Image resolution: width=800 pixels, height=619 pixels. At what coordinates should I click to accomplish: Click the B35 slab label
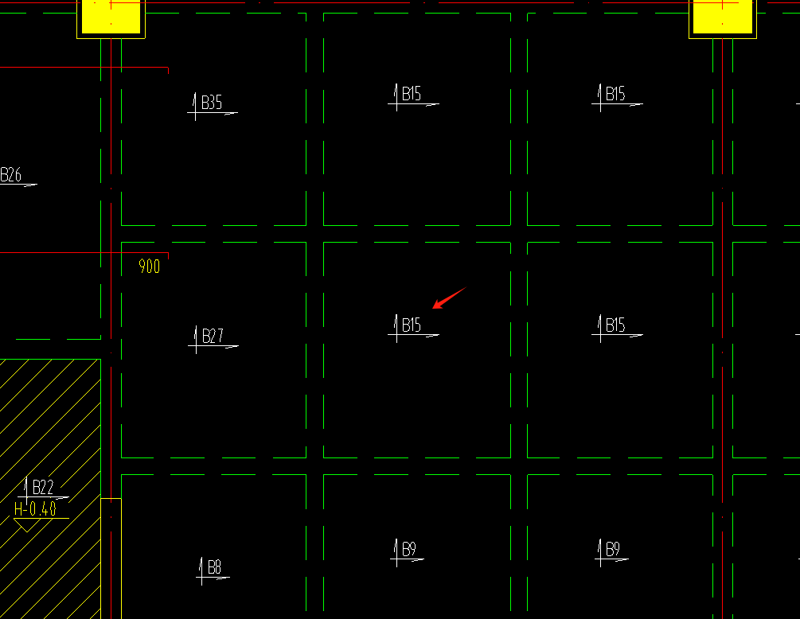tap(212, 103)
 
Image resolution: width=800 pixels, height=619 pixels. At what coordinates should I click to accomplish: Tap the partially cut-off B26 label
tap(10, 175)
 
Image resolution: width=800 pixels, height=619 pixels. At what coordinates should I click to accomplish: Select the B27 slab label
tap(213, 336)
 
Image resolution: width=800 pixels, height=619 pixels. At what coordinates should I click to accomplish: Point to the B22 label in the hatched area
tap(43, 487)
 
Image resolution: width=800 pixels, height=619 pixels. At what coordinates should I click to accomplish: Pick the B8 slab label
tap(214, 567)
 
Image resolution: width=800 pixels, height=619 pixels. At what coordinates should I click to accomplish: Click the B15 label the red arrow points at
tap(412, 325)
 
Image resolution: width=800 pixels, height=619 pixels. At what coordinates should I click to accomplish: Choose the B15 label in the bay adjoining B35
tap(412, 94)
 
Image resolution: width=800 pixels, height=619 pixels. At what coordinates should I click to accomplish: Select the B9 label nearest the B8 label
tap(408, 549)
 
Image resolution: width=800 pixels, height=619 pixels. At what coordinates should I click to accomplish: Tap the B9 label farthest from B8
tap(612, 549)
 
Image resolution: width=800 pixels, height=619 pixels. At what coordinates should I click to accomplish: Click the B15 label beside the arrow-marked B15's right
tap(615, 325)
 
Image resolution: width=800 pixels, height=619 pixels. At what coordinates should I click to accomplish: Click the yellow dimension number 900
tap(149, 267)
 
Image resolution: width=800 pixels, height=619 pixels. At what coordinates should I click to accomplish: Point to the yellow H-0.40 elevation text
tap(35, 509)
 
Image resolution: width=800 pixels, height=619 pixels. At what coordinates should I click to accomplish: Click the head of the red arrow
tap(433, 308)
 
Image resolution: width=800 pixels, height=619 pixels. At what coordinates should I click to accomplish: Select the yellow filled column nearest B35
tap(111, 18)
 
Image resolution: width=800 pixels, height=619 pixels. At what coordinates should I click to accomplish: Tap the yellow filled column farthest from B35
tap(723, 18)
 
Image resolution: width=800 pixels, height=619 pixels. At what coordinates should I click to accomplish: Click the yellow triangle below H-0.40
tap(26, 524)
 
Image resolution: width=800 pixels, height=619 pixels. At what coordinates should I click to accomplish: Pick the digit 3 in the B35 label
tap(213, 103)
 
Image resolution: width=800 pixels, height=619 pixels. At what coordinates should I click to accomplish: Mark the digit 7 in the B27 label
tap(220, 336)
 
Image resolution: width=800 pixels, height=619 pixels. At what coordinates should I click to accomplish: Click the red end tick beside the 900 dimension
tap(169, 255)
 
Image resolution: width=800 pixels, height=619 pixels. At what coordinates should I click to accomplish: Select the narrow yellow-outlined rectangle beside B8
tap(111, 559)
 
